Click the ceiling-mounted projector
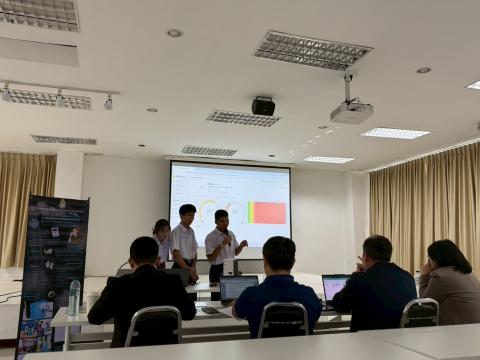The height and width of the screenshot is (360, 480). [x=351, y=111]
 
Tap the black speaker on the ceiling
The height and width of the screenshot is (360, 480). [x=263, y=106]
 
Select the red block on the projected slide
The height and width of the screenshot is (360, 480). [x=267, y=212]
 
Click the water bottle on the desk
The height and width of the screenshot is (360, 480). [x=74, y=296]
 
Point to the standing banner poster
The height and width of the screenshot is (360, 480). [x=52, y=265]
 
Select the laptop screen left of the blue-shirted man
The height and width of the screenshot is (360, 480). [x=238, y=287]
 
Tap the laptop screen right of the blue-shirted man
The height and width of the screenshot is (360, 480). [x=333, y=286]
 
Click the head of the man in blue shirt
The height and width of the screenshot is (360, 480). [x=278, y=254]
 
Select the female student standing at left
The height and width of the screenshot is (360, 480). [x=162, y=242]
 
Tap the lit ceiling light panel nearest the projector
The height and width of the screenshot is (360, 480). [x=395, y=133]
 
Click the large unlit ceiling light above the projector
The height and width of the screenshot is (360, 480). [x=312, y=50]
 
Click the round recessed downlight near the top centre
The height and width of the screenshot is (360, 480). [x=175, y=33]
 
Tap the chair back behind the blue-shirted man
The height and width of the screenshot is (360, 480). [x=283, y=320]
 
